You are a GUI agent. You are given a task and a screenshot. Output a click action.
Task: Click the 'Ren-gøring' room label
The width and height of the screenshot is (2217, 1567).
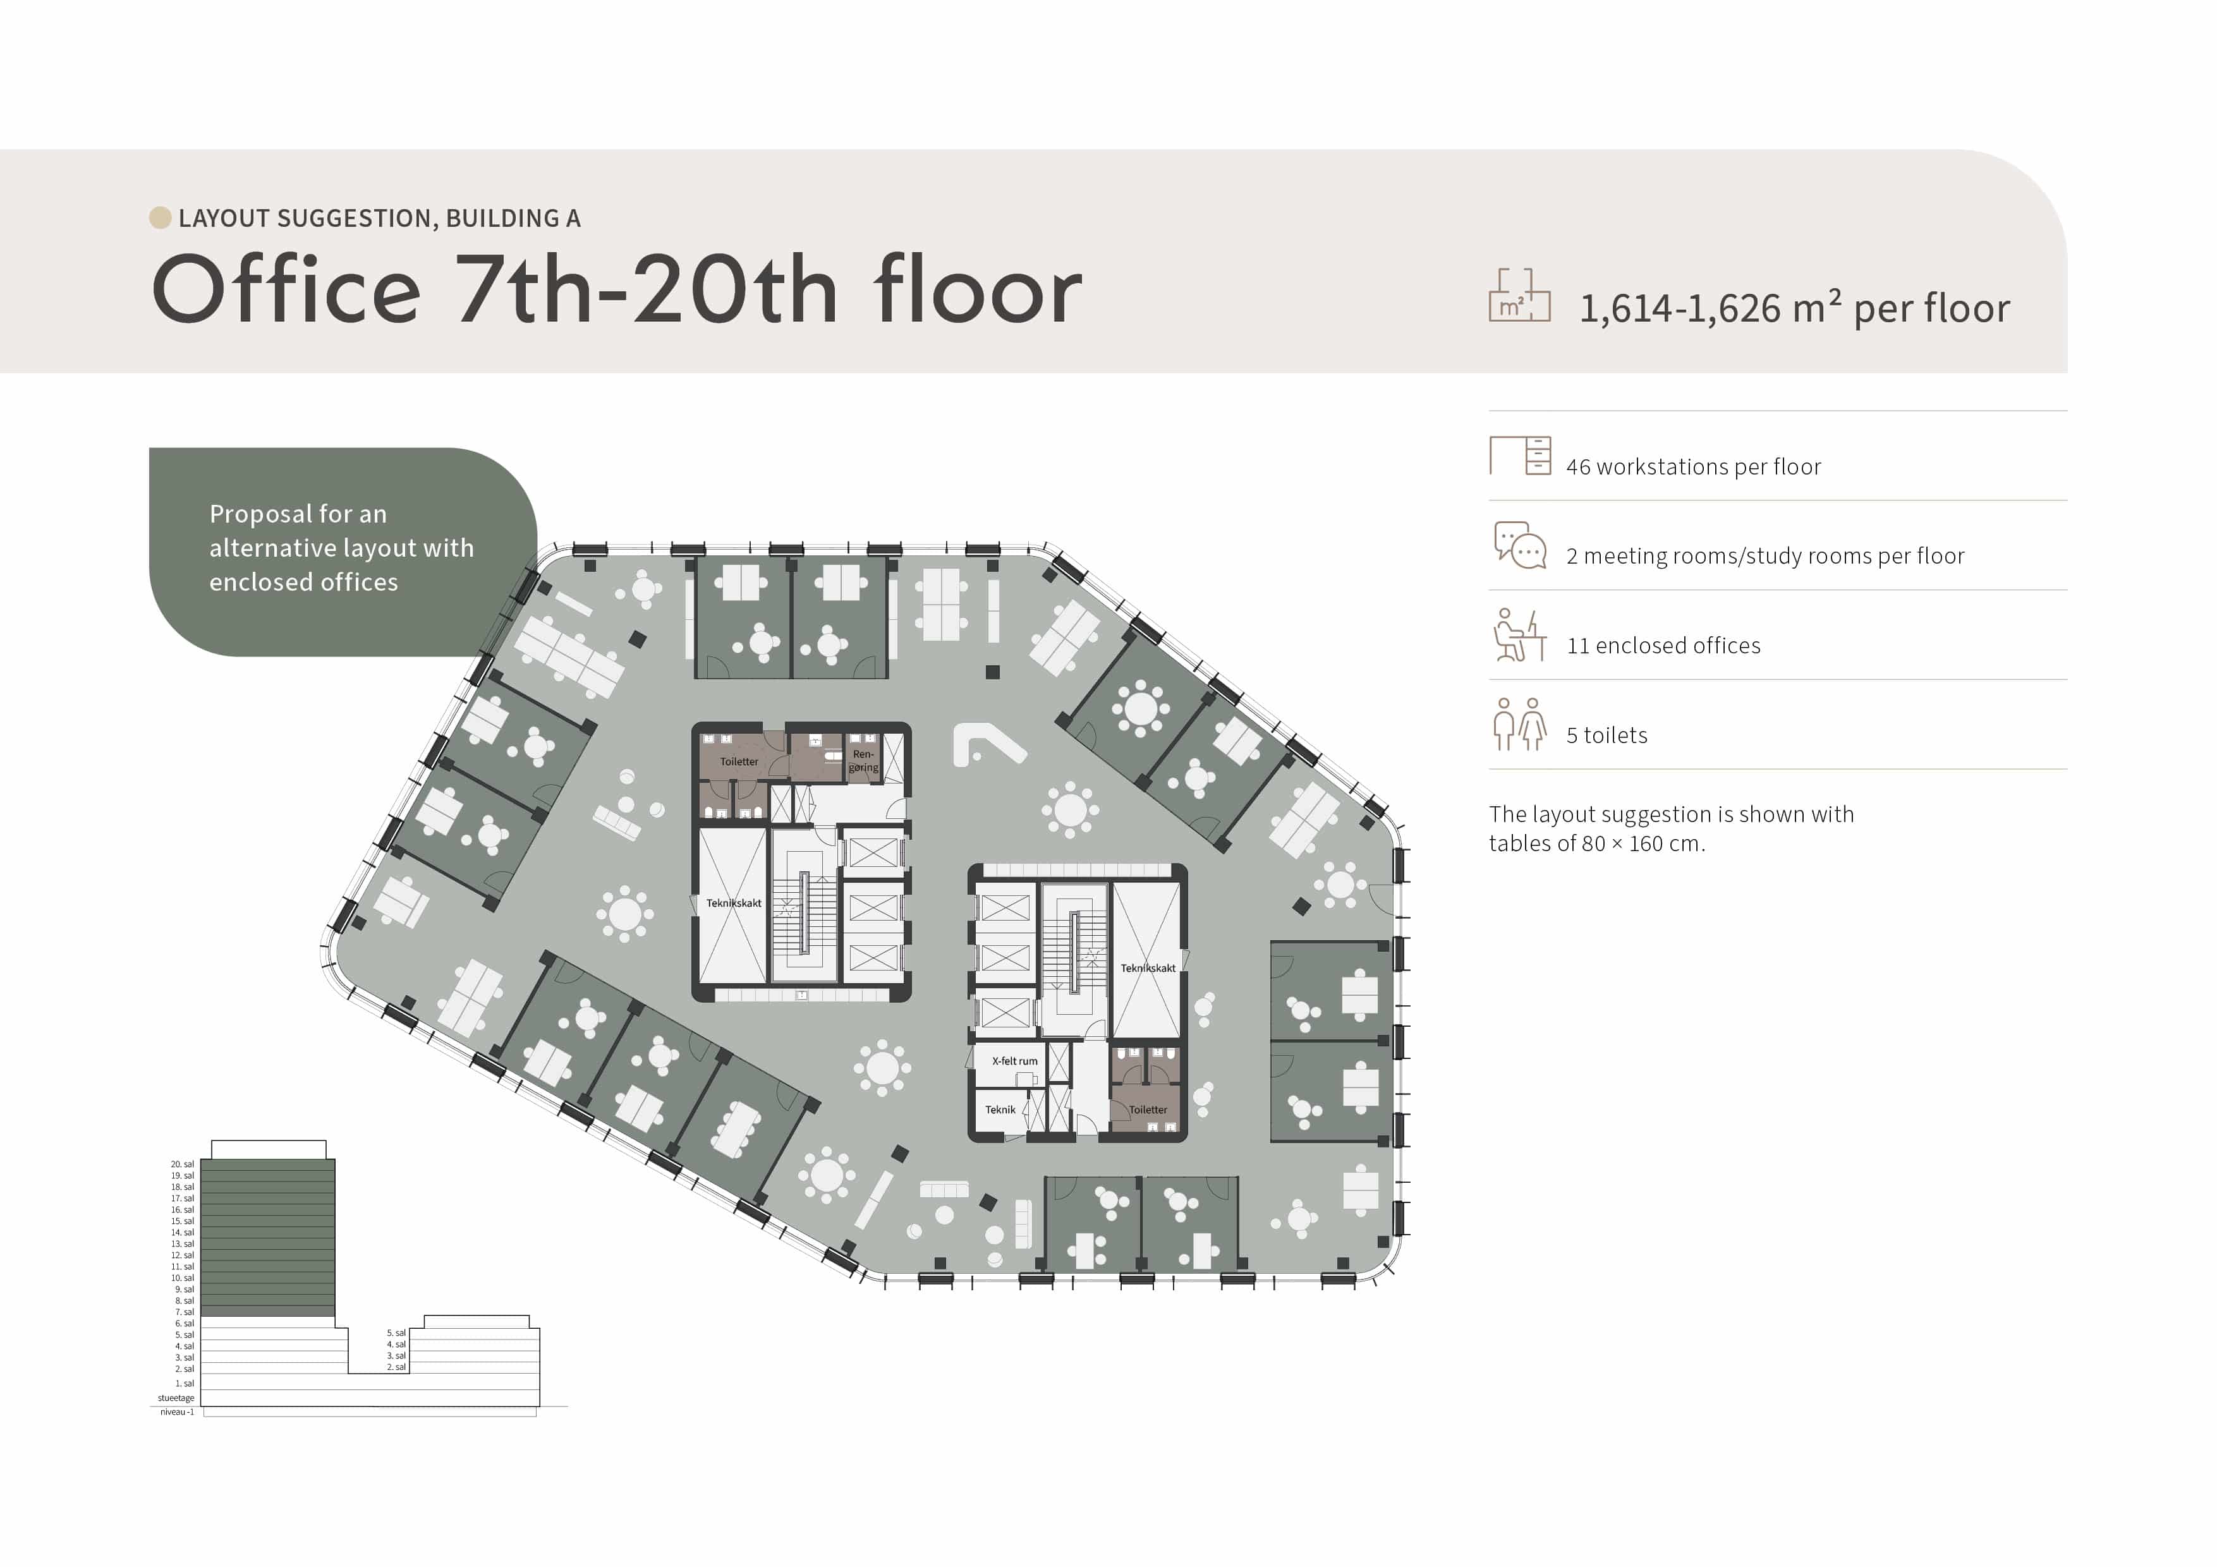863,761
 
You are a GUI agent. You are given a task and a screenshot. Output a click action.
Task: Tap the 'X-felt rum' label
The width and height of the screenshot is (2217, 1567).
1014,1061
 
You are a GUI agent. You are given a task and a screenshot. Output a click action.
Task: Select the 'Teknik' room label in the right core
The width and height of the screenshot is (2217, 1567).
1000,1110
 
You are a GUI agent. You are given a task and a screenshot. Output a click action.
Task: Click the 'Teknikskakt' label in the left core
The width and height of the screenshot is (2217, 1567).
734,904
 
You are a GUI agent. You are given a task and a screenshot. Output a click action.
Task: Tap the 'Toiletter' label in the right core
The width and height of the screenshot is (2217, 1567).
1148,1110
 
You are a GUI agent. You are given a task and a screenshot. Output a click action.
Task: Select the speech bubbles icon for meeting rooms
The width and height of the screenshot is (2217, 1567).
1520,545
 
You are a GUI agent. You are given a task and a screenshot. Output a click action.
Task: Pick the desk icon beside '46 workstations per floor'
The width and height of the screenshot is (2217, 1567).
1520,456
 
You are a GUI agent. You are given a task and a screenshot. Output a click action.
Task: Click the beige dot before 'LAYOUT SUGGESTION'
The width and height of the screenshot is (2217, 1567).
161,217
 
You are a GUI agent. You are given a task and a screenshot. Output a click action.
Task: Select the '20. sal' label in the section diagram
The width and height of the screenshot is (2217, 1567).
183,1165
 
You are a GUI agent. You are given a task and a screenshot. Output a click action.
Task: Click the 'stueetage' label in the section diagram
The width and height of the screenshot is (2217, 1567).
176,1398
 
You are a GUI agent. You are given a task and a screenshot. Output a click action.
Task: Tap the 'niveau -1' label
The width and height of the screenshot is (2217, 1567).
177,1412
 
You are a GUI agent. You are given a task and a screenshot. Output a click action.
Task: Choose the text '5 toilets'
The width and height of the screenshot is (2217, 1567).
1607,735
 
